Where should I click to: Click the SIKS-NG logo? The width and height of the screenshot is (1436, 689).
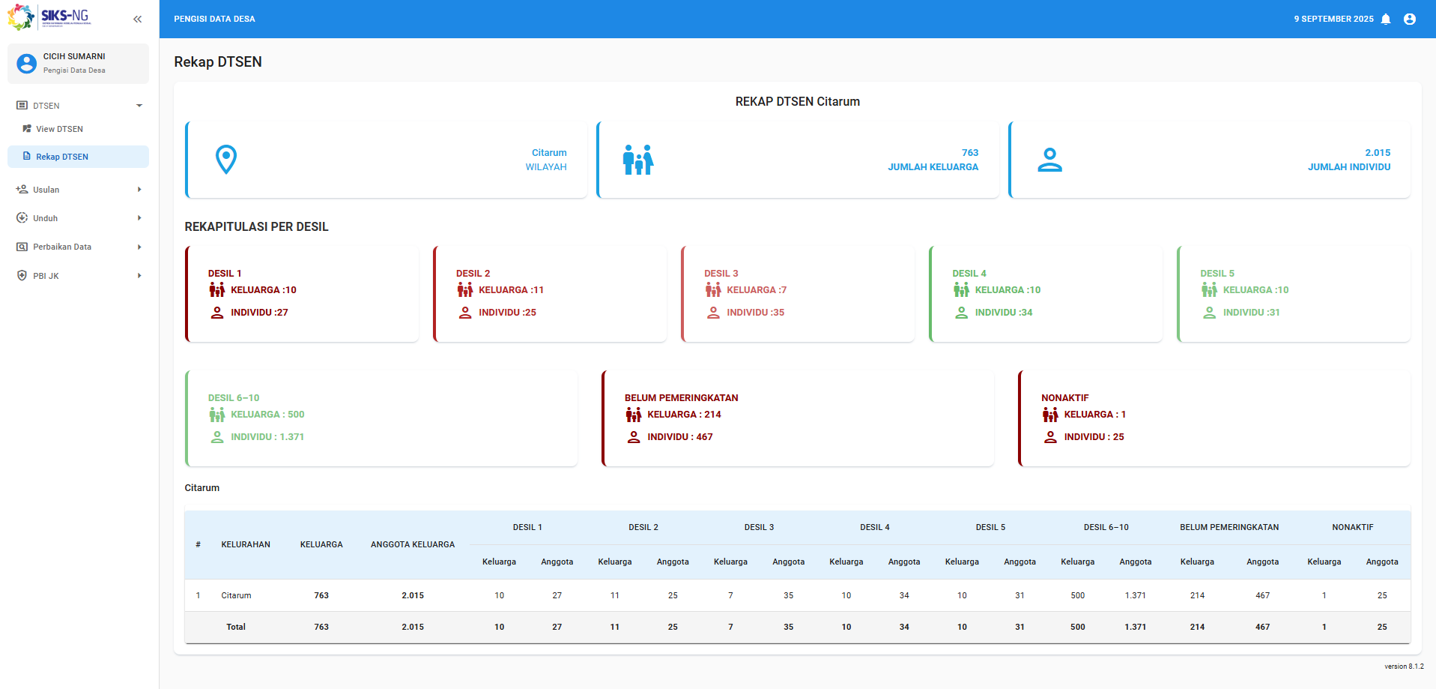pos(49,16)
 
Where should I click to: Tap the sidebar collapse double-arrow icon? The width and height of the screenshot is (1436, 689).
pos(137,19)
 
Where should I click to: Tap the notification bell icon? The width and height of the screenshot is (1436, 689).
pos(1386,19)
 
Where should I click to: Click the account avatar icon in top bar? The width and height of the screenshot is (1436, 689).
pos(1410,19)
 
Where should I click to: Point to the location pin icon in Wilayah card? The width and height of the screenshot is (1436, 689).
pos(226,159)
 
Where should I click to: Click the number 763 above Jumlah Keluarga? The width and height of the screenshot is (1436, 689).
pos(970,152)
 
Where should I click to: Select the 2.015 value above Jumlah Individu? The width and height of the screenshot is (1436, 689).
pos(1378,152)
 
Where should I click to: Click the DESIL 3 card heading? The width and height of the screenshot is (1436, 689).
pos(721,274)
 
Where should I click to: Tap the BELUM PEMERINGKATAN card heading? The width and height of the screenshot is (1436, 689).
pos(682,398)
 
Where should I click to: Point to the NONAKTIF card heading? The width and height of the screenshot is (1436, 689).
pos(1065,398)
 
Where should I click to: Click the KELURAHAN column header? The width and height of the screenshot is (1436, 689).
pos(246,544)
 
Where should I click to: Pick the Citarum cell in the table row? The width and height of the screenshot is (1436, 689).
pos(236,595)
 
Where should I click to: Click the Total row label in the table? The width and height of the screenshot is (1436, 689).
pos(236,627)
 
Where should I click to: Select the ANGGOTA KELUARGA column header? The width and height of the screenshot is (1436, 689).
pos(413,544)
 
